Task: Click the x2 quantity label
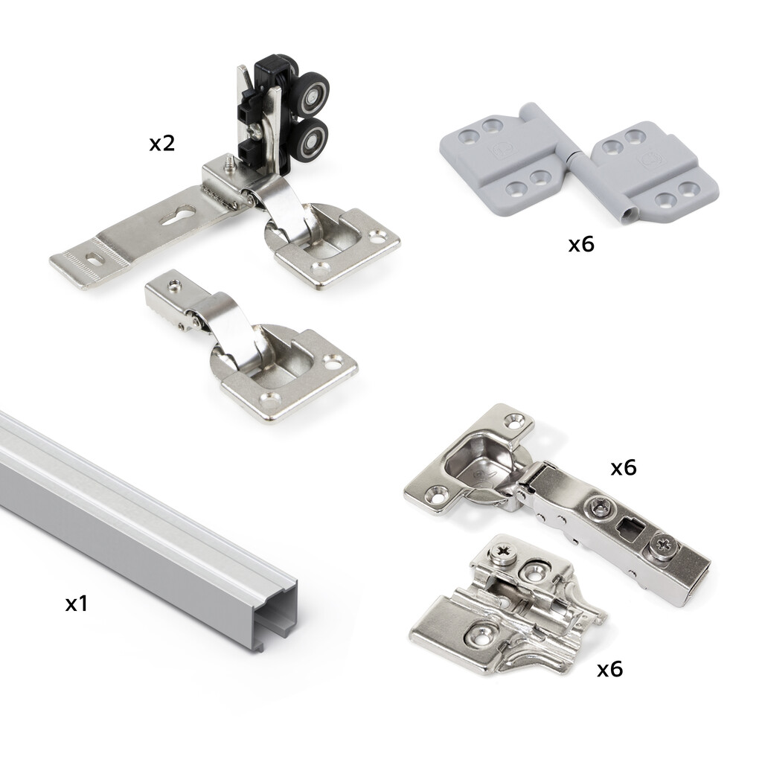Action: tap(161, 144)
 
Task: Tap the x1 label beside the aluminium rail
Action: tap(77, 603)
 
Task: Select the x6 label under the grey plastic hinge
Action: tap(581, 244)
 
